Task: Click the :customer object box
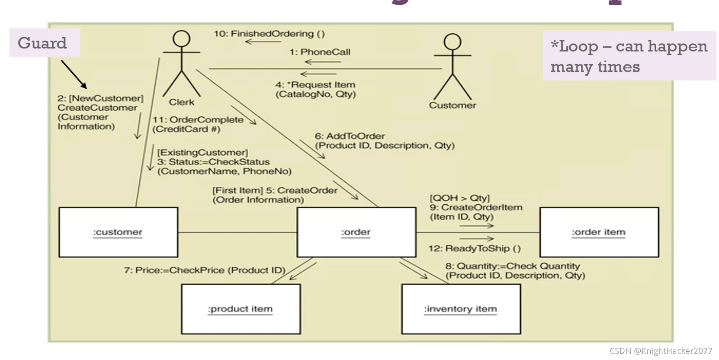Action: click(x=118, y=232)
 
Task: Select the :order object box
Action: click(x=356, y=232)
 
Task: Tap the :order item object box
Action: click(x=599, y=232)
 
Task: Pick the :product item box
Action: click(x=241, y=309)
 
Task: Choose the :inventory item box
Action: click(x=460, y=309)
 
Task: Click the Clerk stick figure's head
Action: click(x=181, y=39)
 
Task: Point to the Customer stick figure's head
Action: click(x=453, y=42)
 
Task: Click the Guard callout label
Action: click(x=43, y=43)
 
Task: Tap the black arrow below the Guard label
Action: click(x=74, y=74)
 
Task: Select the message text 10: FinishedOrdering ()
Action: click(x=269, y=34)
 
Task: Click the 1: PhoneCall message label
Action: click(x=320, y=52)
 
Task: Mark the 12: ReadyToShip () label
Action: click(x=475, y=248)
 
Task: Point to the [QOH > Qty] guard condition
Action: click(x=459, y=198)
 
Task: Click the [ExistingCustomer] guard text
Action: click(x=202, y=153)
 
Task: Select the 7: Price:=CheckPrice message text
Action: click(x=205, y=270)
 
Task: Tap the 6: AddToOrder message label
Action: click(x=350, y=136)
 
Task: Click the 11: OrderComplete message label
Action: click(x=198, y=120)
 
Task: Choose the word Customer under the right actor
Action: click(x=453, y=106)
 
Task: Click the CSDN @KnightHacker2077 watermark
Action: click(x=661, y=351)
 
